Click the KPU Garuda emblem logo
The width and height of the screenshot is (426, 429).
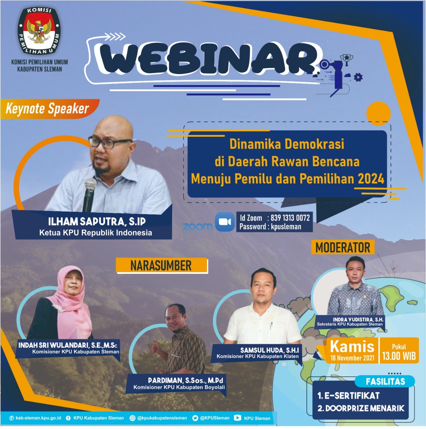39,31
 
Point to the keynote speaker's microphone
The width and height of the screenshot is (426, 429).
89,195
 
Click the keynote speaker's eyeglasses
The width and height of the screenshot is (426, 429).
110,142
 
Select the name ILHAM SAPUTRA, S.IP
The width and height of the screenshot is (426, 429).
97,221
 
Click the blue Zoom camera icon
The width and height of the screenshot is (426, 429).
225,222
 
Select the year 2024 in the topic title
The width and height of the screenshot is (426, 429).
371,179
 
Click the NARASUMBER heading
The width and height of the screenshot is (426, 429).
161,265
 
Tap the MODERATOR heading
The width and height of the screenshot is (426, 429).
343,247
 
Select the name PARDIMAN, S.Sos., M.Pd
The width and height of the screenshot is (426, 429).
186,380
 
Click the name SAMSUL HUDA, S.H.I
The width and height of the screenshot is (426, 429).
270,350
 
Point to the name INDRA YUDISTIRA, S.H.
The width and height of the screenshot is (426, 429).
358,319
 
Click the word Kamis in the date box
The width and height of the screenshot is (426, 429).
352,347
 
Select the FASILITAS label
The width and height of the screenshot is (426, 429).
385,382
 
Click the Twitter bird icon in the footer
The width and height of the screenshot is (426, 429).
195,418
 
